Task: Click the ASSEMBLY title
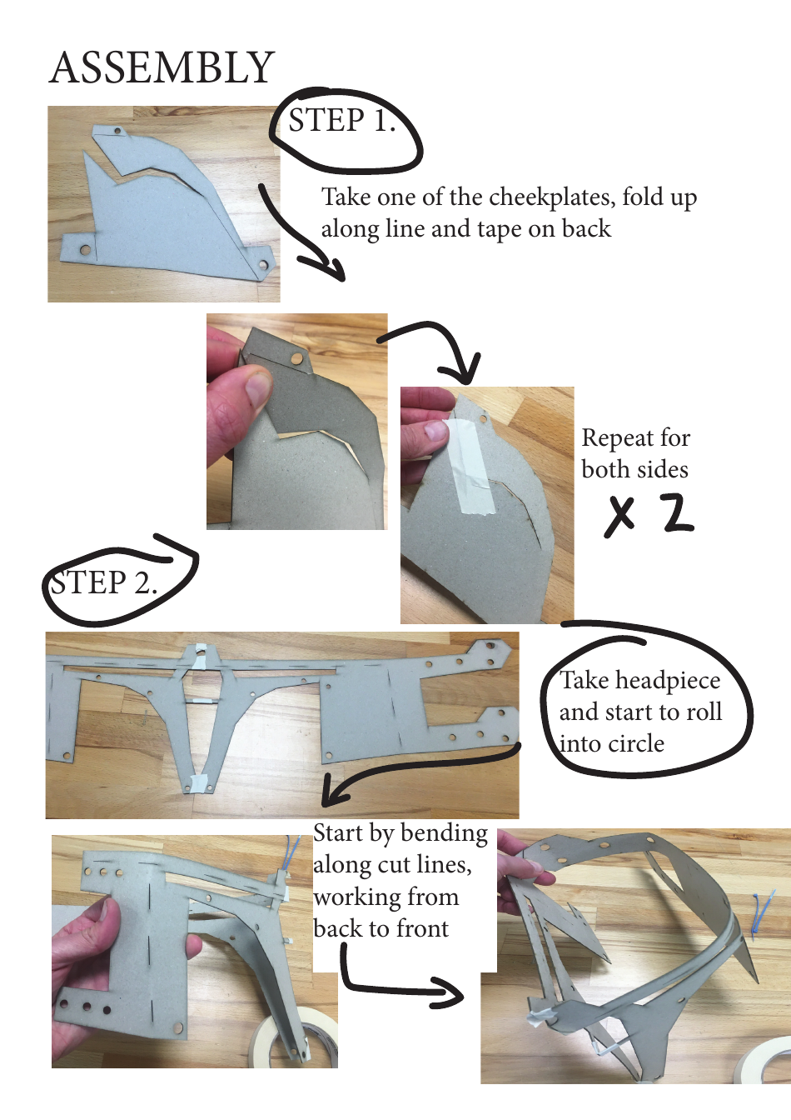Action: coord(162,67)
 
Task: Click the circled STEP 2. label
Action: coord(103,582)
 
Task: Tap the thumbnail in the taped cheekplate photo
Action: coord(435,431)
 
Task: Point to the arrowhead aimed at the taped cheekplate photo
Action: coord(465,371)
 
